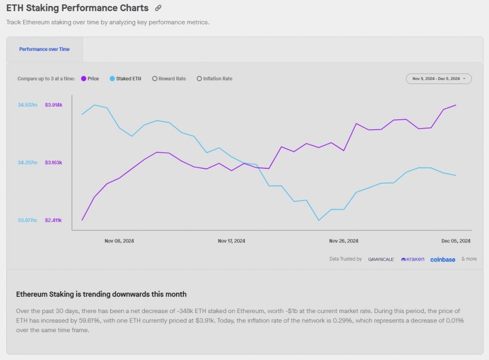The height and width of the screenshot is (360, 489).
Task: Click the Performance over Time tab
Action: click(44, 49)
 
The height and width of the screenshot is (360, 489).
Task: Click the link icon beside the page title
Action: click(158, 8)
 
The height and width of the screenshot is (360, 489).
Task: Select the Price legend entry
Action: click(90, 79)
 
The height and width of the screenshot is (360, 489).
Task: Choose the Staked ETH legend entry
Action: click(126, 79)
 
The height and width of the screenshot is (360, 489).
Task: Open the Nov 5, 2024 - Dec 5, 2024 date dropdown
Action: click(439, 79)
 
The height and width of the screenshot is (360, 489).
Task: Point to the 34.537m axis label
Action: click(27, 105)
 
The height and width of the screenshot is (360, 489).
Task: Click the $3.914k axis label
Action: click(53, 105)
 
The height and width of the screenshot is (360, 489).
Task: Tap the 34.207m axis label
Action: click(27, 162)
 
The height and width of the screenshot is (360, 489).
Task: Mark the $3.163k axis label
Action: click(53, 162)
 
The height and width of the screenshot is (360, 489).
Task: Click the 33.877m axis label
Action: click(27, 220)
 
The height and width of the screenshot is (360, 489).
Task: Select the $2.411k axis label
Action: click(53, 220)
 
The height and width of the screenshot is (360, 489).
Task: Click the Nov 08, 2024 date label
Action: click(119, 241)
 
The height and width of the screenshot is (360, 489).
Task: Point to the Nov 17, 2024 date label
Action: click(231, 241)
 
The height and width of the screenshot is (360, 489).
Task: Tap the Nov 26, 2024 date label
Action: click(343, 241)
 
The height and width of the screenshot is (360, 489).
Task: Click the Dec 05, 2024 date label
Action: click(456, 241)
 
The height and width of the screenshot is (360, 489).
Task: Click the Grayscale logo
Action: click(381, 259)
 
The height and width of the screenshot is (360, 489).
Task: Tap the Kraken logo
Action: click(413, 259)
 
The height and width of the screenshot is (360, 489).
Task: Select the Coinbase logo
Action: click(443, 259)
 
